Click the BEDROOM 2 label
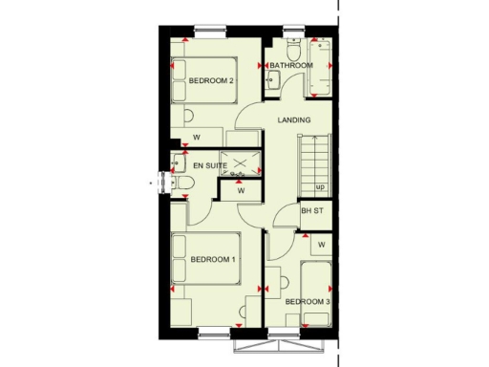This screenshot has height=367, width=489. click(212, 80)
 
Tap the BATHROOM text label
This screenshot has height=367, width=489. click(291, 65)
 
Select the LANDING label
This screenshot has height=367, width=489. click(294, 119)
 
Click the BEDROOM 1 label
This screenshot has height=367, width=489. click(214, 259)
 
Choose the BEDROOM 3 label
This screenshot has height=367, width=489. click(308, 303)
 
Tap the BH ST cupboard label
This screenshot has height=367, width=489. click(312, 211)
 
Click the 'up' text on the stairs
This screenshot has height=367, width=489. click(320, 186)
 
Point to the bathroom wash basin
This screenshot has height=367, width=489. click(271, 80)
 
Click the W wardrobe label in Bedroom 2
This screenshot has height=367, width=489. click(197, 138)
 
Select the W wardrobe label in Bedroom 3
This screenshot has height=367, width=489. click(322, 245)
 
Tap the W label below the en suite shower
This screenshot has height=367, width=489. click(241, 190)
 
